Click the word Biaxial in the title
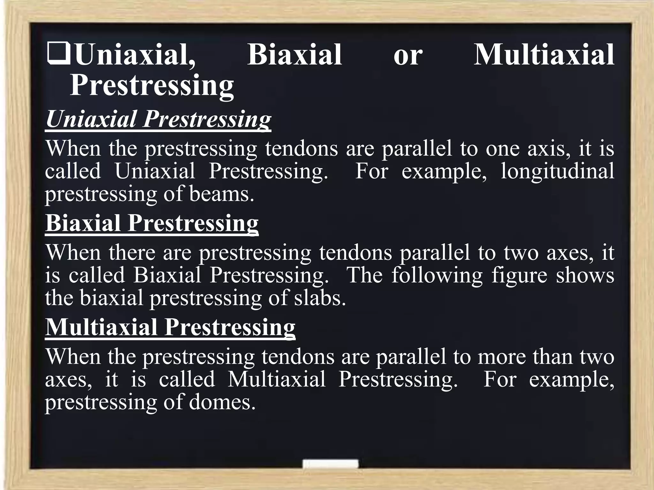[x=294, y=55]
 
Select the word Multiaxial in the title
[x=544, y=55]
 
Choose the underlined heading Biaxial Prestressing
[x=152, y=223]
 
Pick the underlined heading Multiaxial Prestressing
[x=170, y=327]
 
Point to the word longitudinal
[x=557, y=171]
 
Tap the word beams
[x=222, y=194]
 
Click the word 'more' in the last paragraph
[x=502, y=357]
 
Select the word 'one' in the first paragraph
[x=503, y=149]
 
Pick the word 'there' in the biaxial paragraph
[x=132, y=252]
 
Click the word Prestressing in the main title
[x=152, y=85]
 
